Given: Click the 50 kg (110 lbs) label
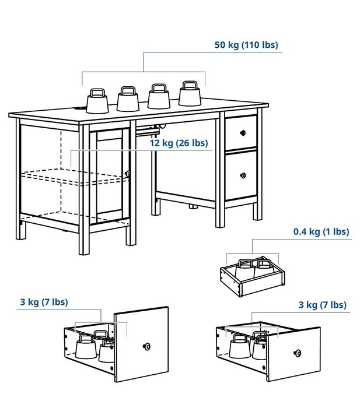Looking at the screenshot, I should pyautogui.click(x=246, y=45).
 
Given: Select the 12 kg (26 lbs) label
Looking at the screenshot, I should pyautogui.click(x=178, y=143).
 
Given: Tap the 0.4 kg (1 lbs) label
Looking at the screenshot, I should pyautogui.click(x=321, y=232).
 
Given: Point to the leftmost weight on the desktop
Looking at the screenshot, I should pyautogui.click(x=98, y=101).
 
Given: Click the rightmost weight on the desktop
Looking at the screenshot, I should pyautogui.click(x=190, y=94).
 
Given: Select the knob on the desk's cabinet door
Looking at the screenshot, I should pyautogui.click(x=128, y=173).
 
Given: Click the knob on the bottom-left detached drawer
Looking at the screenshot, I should pyautogui.click(x=146, y=346).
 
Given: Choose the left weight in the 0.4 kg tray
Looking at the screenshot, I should pyautogui.click(x=245, y=269).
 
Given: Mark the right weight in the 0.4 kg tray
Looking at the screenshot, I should pyautogui.click(x=264, y=269).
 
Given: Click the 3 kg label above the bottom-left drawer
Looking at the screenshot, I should pyautogui.click(x=43, y=302).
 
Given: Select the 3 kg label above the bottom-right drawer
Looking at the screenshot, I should pyautogui.click(x=322, y=305).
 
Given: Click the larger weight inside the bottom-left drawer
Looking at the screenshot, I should pyautogui.click(x=85, y=347).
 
